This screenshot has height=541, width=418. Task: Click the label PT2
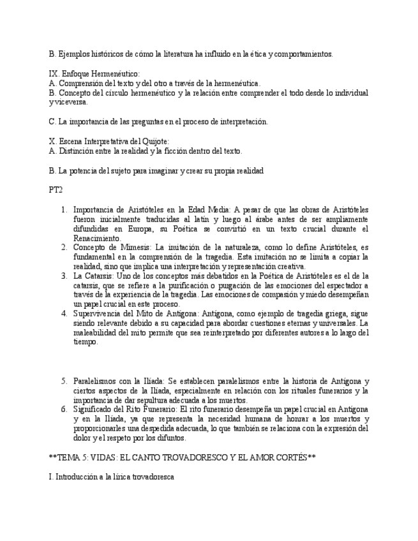coord(56,189)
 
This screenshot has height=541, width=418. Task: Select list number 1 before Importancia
coord(64,209)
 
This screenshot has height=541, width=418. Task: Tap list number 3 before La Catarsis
coord(64,276)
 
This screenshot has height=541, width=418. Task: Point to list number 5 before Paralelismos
coord(64,381)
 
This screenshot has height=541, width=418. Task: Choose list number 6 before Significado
coord(64,409)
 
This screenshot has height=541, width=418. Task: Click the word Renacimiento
coord(97,238)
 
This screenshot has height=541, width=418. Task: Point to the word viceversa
coord(68,101)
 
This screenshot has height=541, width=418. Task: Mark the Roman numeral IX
coord(54,74)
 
